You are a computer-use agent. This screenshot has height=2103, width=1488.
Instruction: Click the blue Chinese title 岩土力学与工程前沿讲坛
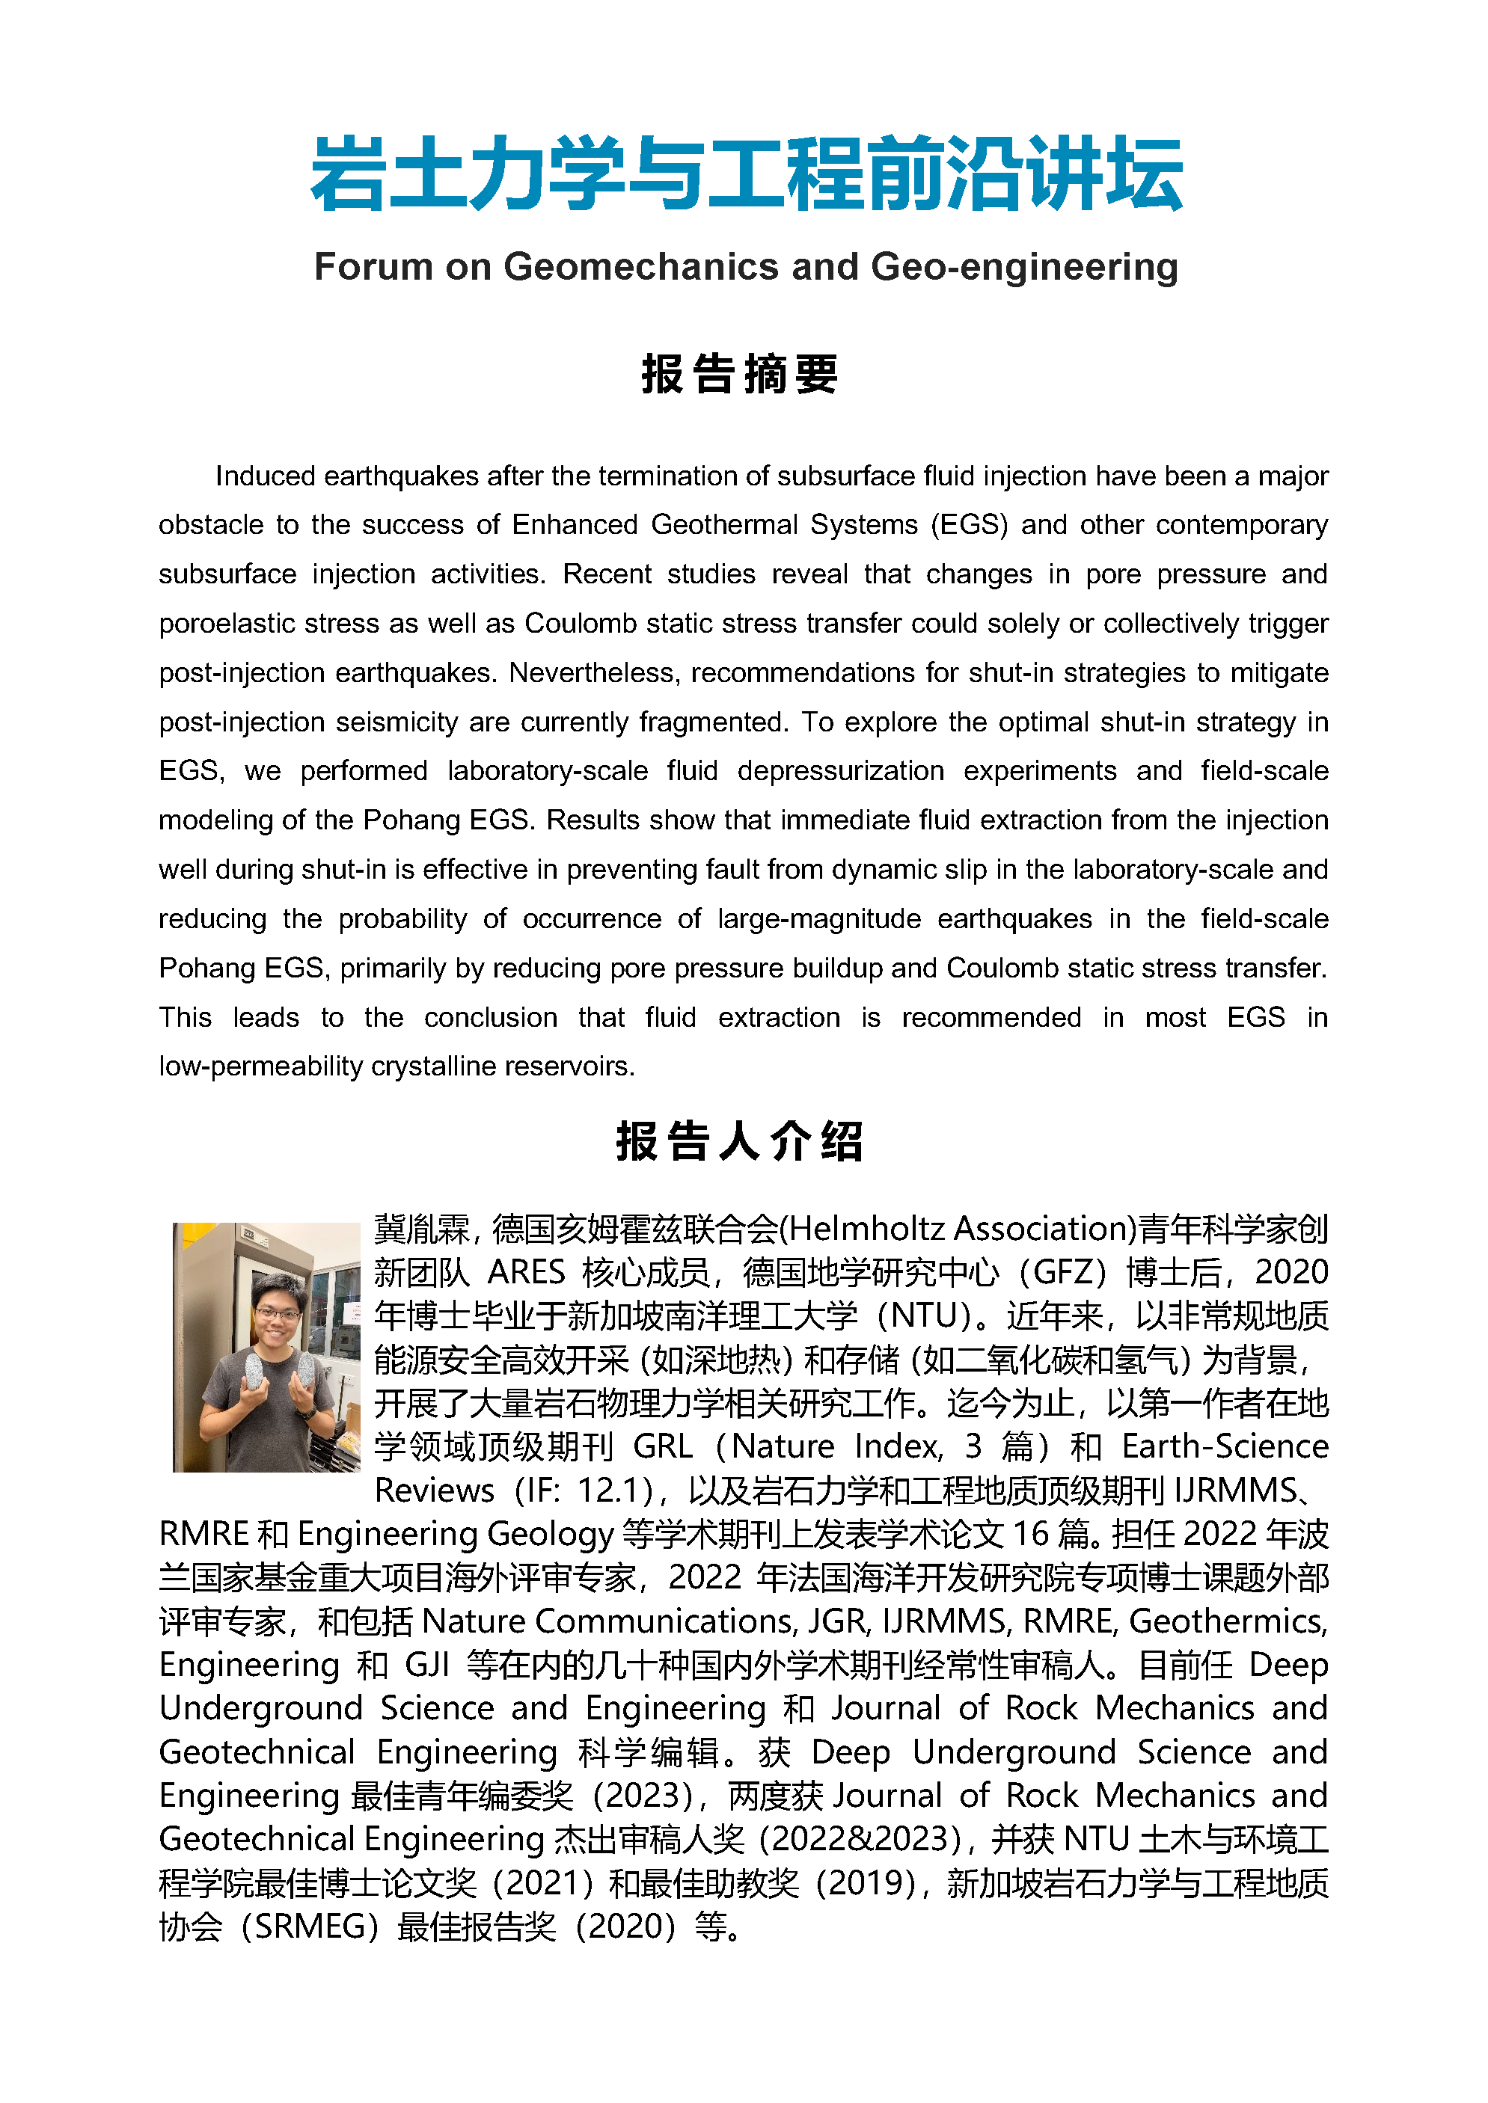746,174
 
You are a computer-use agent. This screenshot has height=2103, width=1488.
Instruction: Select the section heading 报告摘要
739,375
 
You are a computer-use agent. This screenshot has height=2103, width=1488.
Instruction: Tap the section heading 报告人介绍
739,1141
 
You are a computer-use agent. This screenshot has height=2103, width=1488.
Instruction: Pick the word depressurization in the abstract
840,771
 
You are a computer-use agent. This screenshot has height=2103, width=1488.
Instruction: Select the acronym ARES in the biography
526,1273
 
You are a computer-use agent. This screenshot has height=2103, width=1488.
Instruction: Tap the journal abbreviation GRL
662,1447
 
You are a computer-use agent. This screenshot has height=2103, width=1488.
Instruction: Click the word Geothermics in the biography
1227,1622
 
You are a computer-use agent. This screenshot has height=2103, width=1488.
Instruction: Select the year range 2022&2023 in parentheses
859,1839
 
